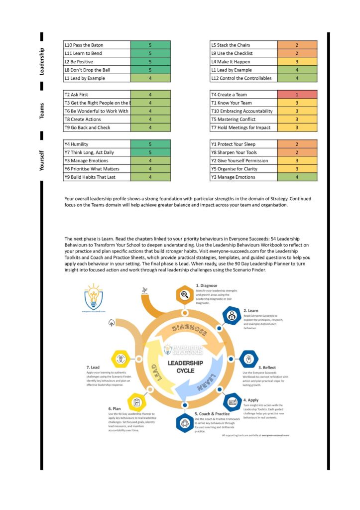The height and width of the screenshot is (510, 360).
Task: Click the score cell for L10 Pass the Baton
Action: (150, 45)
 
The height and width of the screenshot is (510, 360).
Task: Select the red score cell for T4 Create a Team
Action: (297, 94)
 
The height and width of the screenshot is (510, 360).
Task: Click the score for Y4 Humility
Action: (150, 144)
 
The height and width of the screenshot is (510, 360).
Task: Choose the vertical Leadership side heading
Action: (41, 61)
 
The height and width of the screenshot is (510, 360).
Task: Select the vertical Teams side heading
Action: (41, 111)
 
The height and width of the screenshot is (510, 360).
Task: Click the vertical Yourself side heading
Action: (41, 160)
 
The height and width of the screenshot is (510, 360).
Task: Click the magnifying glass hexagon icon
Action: (184, 294)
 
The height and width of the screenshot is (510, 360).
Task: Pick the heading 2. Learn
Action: (251, 310)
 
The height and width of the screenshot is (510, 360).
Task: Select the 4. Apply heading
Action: (251, 400)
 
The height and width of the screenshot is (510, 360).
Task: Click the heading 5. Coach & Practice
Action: (212, 413)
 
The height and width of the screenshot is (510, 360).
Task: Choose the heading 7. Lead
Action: (95, 368)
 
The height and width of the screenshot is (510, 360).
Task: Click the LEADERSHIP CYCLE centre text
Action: (185, 367)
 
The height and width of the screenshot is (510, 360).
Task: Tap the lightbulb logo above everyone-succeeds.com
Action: (93, 297)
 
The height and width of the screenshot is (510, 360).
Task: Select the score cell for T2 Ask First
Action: (150, 94)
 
